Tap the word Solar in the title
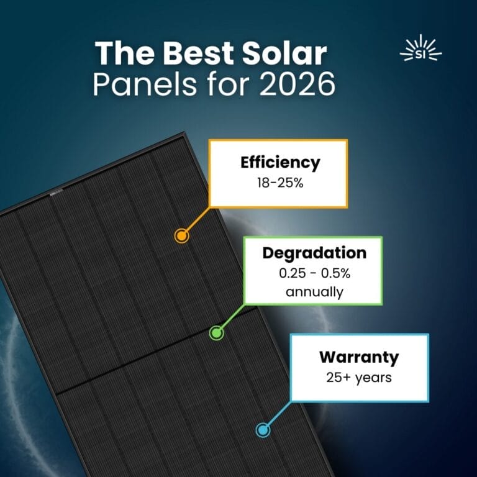(x=289, y=55)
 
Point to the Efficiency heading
(x=280, y=163)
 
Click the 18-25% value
(x=280, y=183)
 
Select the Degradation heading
(x=314, y=253)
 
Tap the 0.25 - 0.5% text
(x=314, y=274)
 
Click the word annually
(x=314, y=291)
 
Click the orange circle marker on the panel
(x=181, y=235)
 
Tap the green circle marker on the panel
(x=216, y=333)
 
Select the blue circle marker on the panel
(x=263, y=430)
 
